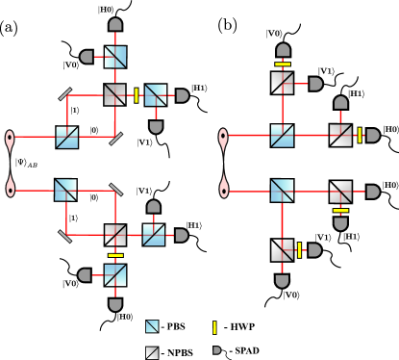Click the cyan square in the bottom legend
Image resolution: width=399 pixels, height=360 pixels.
[152, 326]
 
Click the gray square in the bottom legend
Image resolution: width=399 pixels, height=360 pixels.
[152, 352]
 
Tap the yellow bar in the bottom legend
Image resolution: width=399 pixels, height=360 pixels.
[214, 327]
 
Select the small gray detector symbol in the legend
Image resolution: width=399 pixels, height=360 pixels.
[216, 350]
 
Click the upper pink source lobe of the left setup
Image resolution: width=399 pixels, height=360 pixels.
[10, 141]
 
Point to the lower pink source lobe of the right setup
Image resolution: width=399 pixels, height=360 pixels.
[224, 185]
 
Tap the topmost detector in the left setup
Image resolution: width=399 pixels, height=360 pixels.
[115, 24]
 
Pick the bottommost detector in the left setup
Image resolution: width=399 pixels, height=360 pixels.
[115, 305]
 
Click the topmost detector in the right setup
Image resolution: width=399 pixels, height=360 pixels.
[283, 49]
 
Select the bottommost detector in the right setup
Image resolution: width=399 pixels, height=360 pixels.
[282, 281]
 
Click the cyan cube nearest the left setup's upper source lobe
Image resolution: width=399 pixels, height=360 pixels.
[66, 138]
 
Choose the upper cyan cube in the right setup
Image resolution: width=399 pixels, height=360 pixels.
[282, 136]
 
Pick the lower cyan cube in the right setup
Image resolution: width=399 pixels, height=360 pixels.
[282, 191]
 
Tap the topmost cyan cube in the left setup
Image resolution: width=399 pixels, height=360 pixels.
[115, 57]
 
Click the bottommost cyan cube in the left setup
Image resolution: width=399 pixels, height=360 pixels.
[115, 275]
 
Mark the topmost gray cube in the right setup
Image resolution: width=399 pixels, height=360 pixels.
[283, 83]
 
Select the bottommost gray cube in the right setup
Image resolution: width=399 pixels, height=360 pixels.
[282, 250]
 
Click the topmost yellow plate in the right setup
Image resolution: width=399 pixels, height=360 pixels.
[283, 64]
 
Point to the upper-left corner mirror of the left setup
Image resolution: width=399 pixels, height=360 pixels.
[65, 94]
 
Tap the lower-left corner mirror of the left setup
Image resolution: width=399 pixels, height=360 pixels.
[64, 236]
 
